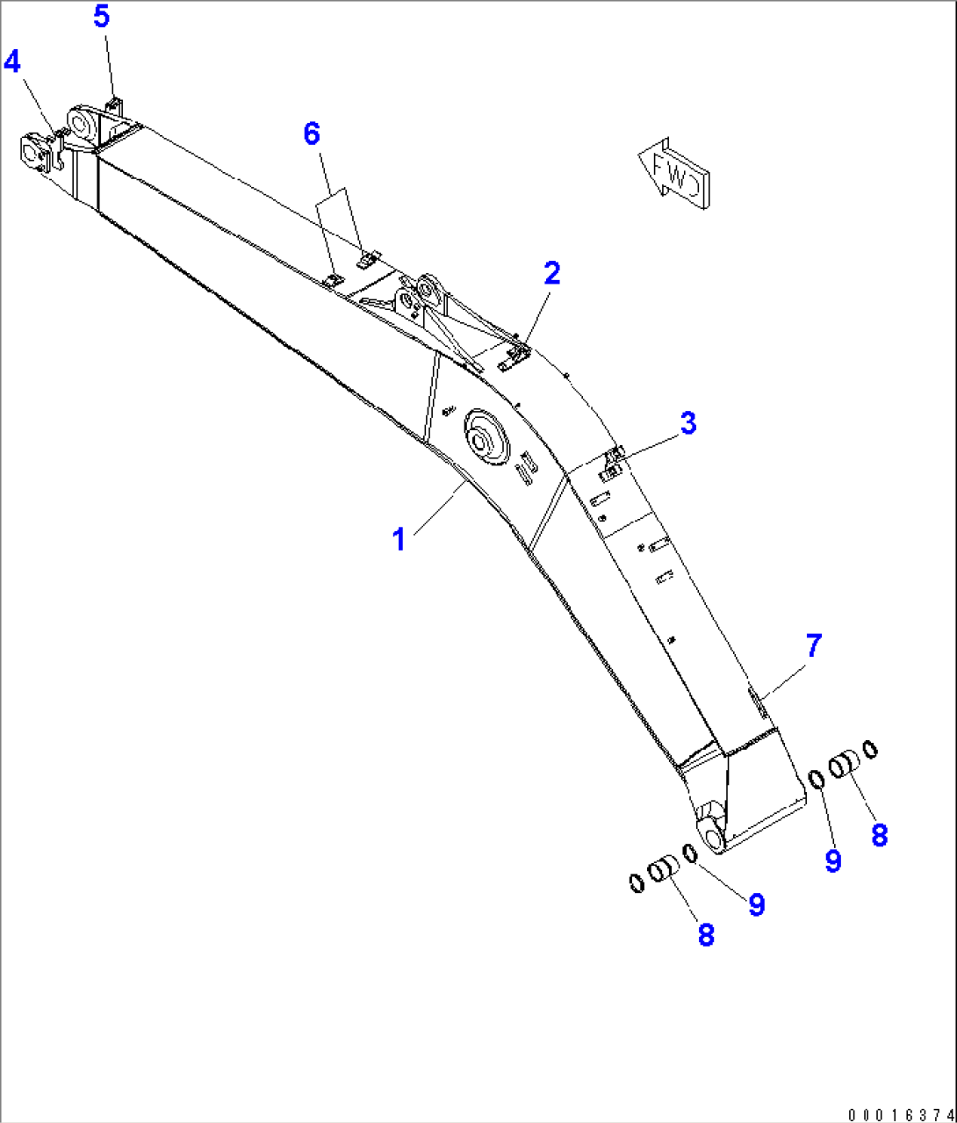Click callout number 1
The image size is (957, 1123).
pos(399,539)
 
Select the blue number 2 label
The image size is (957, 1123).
pos(551,274)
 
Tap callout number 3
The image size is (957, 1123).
pos(687,423)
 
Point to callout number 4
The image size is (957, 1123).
pos(12,61)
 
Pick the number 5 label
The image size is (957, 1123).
pos(102,17)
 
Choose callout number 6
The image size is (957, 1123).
pos(312,133)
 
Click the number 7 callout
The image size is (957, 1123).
pos(813,646)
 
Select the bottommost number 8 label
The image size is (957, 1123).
pos(706,935)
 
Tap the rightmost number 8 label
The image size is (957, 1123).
pos(879,835)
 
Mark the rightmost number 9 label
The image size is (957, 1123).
pos(832,861)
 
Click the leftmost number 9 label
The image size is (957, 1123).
pos(756,904)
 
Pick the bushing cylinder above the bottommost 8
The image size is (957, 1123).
pos(663,871)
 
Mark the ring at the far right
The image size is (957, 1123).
pos(870,749)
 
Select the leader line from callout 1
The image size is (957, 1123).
pos(435,508)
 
